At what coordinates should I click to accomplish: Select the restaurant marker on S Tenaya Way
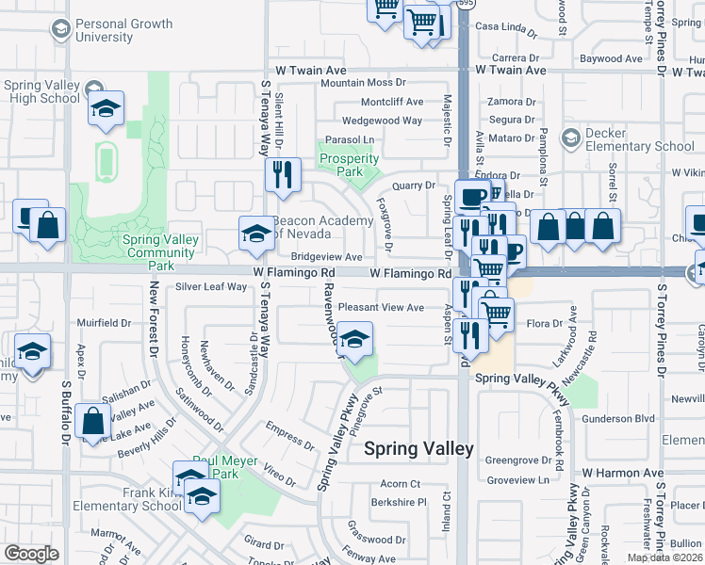[x=282, y=174]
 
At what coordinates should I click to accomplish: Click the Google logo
[x=31, y=554]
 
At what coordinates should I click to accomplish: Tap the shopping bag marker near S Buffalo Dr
[x=93, y=423]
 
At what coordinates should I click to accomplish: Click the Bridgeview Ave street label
[x=326, y=256]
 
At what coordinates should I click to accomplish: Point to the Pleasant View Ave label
[x=381, y=307]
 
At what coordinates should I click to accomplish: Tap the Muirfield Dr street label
[x=104, y=322]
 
